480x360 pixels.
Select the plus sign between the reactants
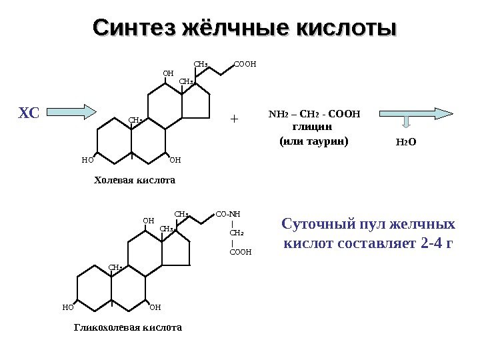(233, 119)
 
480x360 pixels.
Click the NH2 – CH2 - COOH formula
(313, 113)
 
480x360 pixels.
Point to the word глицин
(313, 126)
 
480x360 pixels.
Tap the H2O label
(406, 142)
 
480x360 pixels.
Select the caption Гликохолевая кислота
(127, 328)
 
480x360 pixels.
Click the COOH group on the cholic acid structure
(245, 65)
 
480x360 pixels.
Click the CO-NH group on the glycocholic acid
(228, 214)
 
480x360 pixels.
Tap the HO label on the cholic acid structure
(87, 160)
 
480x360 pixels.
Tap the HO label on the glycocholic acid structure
(67, 307)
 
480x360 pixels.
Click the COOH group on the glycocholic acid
(240, 253)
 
